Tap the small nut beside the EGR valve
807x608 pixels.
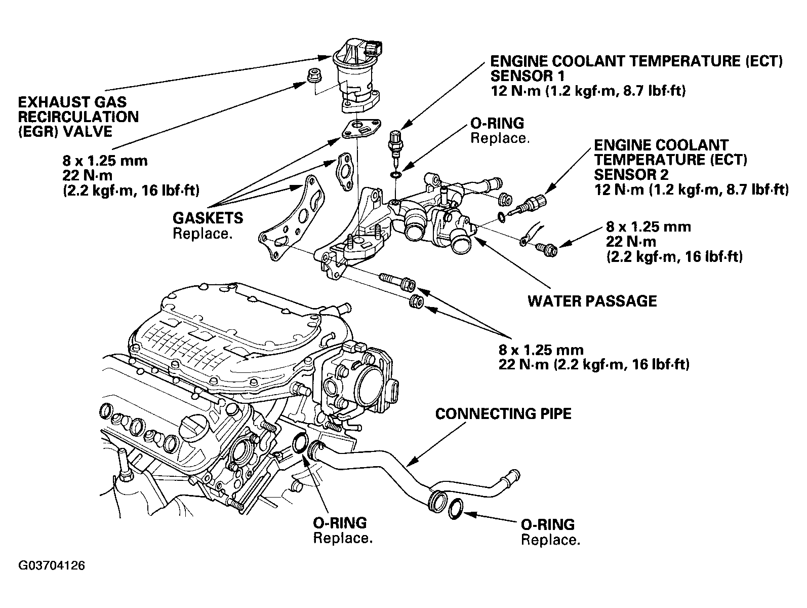coord(312,75)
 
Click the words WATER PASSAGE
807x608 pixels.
coord(592,301)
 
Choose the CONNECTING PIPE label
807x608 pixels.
coord(503,413)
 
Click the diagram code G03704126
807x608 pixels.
coord(52,565)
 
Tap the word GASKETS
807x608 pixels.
coord(208,218)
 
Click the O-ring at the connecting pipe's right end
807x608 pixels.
coord(456,509)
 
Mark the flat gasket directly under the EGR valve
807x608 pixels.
coord(361,128)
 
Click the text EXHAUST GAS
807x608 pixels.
coord(72,102)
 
